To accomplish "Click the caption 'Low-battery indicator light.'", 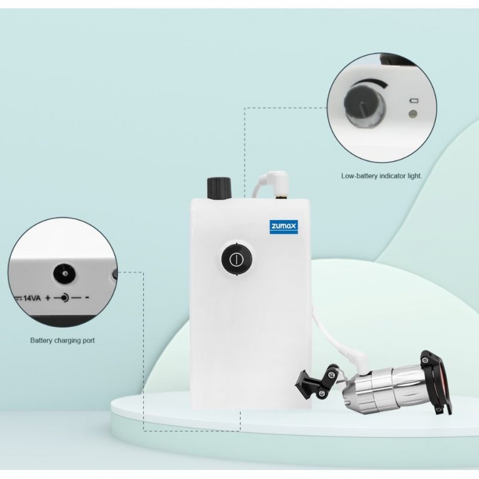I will tap(381, 176).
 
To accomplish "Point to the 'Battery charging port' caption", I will tap(62, 341).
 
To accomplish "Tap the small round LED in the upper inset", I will tap(411, 112).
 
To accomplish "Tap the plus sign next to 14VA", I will tap(47, 298).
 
